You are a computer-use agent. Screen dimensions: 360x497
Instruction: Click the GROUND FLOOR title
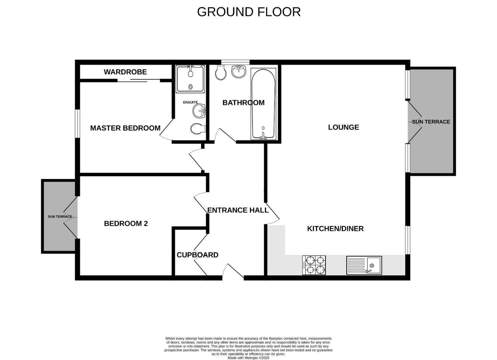249,12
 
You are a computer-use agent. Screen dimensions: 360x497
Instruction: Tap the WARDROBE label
125,72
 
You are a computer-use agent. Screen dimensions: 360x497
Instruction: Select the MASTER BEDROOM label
125,128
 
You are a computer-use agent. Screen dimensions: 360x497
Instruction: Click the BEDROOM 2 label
126,223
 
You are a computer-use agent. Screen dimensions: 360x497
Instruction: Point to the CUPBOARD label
197,255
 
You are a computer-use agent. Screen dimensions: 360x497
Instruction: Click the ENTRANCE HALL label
238,210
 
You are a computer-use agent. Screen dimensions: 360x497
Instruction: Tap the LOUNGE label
343,127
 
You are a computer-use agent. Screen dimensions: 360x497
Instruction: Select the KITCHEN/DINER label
335,229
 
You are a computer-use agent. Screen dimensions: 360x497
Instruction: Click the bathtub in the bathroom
263,104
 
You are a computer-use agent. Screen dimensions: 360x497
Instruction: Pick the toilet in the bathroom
220,72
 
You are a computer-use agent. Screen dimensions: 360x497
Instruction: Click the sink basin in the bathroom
238,71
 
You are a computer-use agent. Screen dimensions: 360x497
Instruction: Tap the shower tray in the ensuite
190,79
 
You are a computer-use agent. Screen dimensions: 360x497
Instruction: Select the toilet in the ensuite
198,128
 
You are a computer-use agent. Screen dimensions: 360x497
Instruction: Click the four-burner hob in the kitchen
314,265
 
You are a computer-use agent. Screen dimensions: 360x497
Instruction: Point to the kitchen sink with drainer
364,265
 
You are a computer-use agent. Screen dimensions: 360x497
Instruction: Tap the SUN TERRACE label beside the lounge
431,122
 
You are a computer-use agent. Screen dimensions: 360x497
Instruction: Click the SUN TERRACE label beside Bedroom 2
60,217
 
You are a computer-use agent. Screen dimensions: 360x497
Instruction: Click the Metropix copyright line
248,358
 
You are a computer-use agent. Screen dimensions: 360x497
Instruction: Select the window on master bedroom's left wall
77,123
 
